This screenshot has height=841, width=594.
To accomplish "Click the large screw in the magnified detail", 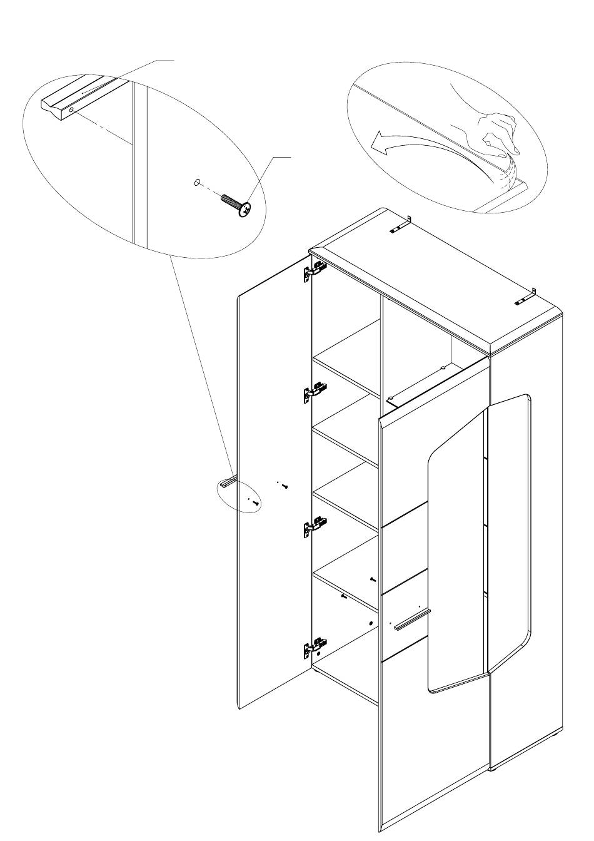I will [236, 205].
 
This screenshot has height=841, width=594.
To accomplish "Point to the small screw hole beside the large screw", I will [196, 183].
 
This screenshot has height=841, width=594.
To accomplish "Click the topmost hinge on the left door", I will [315, 270].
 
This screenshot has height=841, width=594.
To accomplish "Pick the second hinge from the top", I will [315, 391].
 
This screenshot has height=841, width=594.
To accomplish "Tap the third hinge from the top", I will [313, 527].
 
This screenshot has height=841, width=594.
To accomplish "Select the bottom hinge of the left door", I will [314, 646].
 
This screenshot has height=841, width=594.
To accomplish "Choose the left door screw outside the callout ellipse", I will [284, 486].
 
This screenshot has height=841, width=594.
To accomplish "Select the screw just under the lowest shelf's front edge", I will [344, 597].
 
